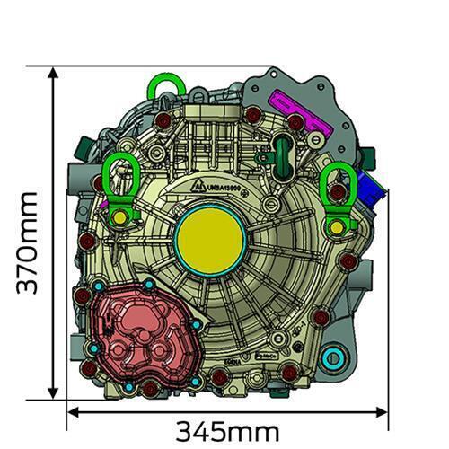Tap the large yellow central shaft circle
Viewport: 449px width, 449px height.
pos(212,236)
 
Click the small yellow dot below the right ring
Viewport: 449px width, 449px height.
pos(338,227)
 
